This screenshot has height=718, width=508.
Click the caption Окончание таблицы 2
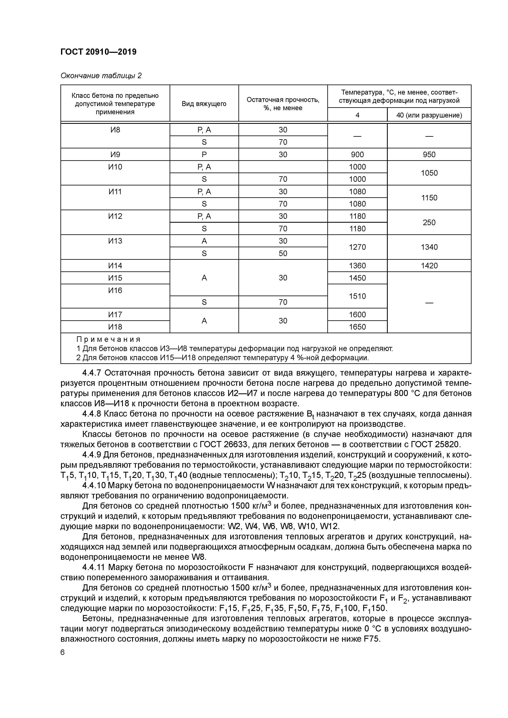point(101,76)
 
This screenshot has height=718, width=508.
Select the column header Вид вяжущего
point(204,104)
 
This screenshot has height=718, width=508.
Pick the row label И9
point(115,155)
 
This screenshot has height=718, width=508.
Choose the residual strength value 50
point(283,253)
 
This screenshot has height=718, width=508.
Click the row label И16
point(115,290)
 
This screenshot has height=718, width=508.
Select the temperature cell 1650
point(357,327)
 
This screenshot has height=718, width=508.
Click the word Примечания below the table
point(108,339)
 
